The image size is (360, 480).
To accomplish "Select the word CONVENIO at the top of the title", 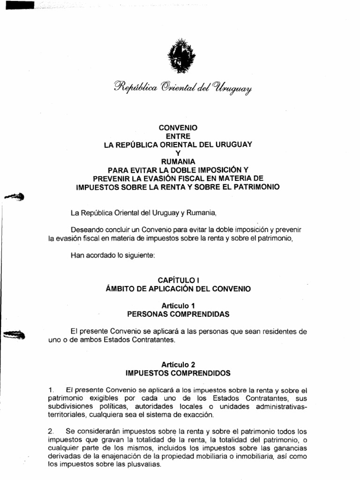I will pos(178,128).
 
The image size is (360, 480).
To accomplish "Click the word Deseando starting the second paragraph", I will pos(86,230).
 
